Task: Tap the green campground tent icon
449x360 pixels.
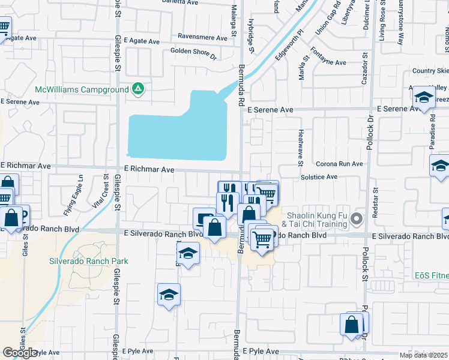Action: point(137,89)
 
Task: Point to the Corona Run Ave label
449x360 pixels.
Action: point(339,164)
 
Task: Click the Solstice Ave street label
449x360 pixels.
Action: point(319,177)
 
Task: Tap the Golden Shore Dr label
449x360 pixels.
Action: point(193,53)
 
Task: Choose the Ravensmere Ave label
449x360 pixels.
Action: point(202,37)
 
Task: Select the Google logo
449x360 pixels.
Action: point(20,353)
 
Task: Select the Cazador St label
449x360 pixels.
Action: point(364,74)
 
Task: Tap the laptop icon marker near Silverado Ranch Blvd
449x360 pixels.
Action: point(203,217)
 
